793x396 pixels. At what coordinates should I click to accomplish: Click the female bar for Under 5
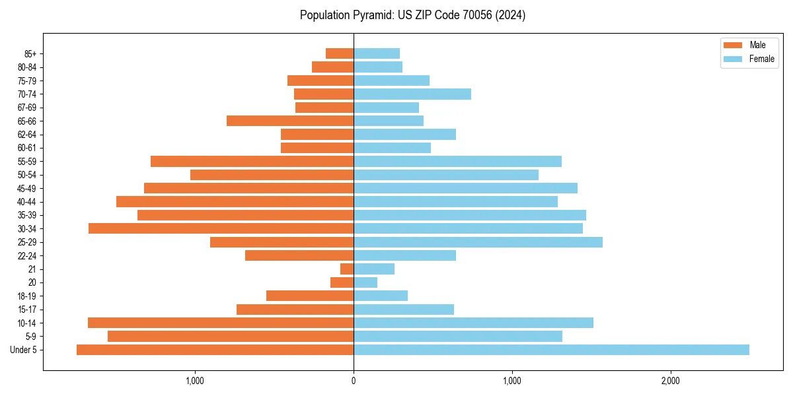[551, 350]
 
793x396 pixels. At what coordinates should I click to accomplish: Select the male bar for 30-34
[221, 228]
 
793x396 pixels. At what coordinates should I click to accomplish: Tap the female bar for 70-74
[412, 94]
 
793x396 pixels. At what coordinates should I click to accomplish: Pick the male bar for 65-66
[290, 121]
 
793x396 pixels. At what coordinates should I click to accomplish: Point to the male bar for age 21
[347, 269]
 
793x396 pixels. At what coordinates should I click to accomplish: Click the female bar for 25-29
[478, 242]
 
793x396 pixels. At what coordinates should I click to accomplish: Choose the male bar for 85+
[340, 53]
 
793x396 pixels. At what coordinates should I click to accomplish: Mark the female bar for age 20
[365, 282]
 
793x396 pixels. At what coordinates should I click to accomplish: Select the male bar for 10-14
[221, 323]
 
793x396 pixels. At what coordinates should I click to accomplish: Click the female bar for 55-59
[457, 161]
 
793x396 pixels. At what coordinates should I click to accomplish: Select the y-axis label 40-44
[27, 202]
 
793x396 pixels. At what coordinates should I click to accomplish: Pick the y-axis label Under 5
[24, 350]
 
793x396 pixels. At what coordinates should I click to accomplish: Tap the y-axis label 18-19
[27, 296]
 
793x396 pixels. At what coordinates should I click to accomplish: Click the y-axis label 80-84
[27, 67]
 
